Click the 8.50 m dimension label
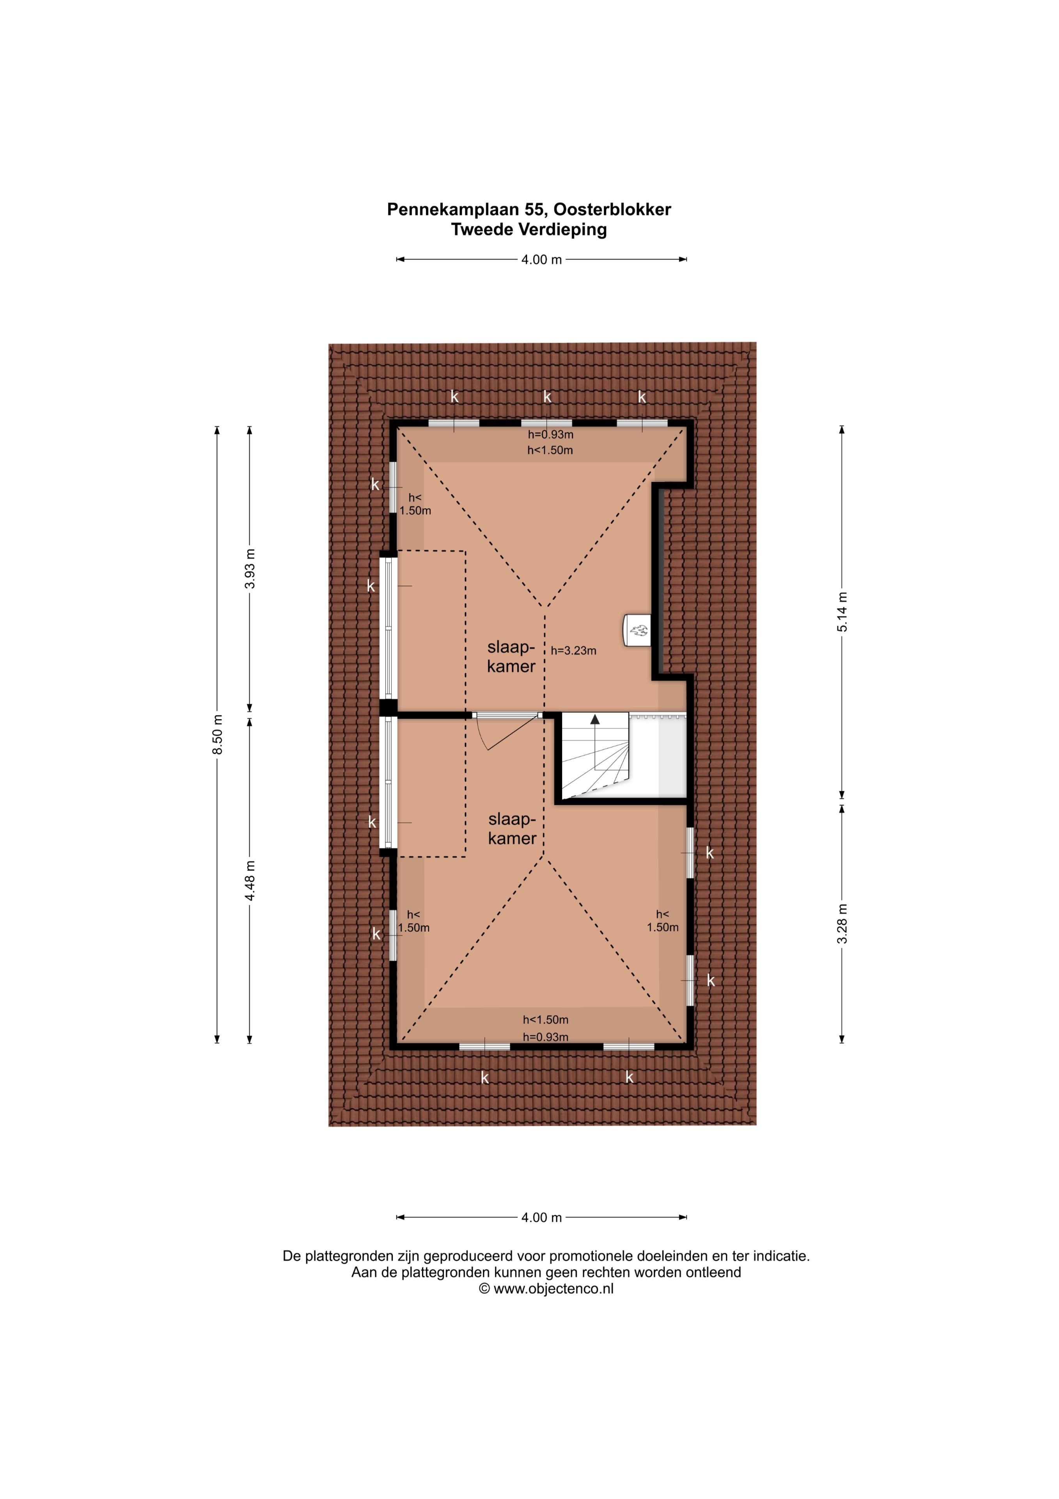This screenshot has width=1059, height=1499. coord(218,735)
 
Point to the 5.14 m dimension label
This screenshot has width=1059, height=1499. coord(843,611)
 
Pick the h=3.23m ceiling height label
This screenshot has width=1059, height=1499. coord(573,650)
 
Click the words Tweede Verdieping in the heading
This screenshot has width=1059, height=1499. coord(529,230)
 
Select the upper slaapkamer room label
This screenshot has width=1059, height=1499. coord(511,657)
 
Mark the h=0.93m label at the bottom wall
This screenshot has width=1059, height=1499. coord(545,1037)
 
